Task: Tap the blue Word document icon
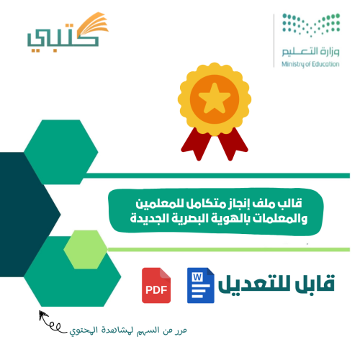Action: click(x=201, y=285)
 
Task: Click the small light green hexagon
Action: click(x=86, y=250)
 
